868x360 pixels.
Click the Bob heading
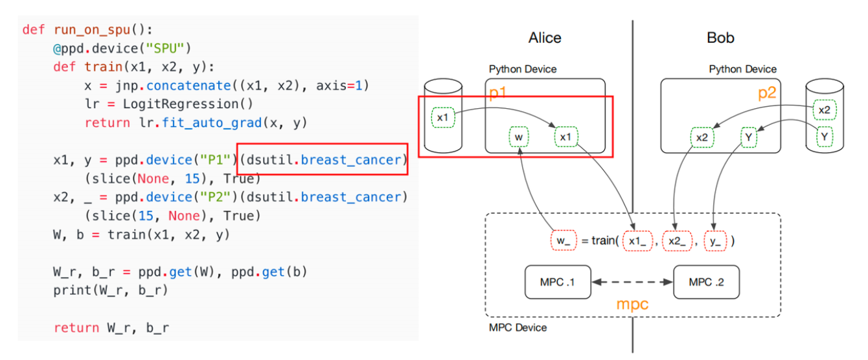[720, 38]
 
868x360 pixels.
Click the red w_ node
[561, 240]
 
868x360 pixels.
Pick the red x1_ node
[637, 240]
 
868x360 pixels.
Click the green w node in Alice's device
[519, 137]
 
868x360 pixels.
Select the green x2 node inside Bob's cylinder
[824, 110]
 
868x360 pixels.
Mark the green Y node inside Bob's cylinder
[824, 137]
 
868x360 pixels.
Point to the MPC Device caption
[518, 328]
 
